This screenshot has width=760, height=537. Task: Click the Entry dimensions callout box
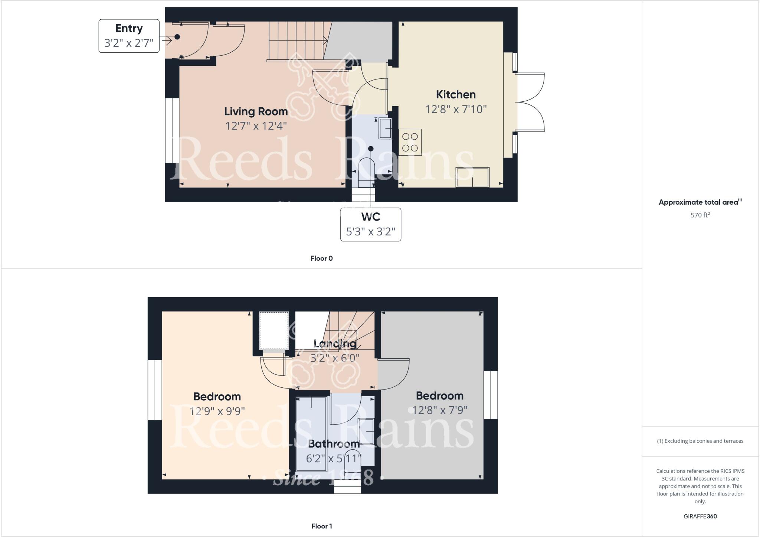click(x=129, y=36)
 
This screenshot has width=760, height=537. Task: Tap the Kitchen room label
click(x=456, y=95)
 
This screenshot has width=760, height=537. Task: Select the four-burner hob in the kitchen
click(x=410, y=142)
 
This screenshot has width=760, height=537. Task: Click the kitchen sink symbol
click(x=472, y=177)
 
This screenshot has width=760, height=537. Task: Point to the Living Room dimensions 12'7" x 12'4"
click(x=256, y=126)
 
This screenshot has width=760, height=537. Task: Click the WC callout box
click(x=370, y=224)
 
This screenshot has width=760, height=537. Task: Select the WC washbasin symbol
click(x=385, y=128)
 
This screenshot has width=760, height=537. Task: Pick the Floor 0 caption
click(x=321, y=258)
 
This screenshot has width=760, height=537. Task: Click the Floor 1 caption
click(x=321, y=526)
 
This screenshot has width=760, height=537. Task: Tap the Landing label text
click(x=335, y=344)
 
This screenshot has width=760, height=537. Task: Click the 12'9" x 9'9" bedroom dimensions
click(x=217, y=411)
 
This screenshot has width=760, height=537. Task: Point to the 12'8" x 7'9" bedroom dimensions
click(x=440, y=410)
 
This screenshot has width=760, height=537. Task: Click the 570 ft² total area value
click(x=700, y=215)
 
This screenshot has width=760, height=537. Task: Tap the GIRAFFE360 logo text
click(x=700, y=516)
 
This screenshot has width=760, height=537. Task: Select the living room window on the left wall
click(x=172, y=130)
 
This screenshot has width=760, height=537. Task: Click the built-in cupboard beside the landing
click(x=274, y=331)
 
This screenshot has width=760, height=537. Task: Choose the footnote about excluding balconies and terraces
click(x=700, y=441)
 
